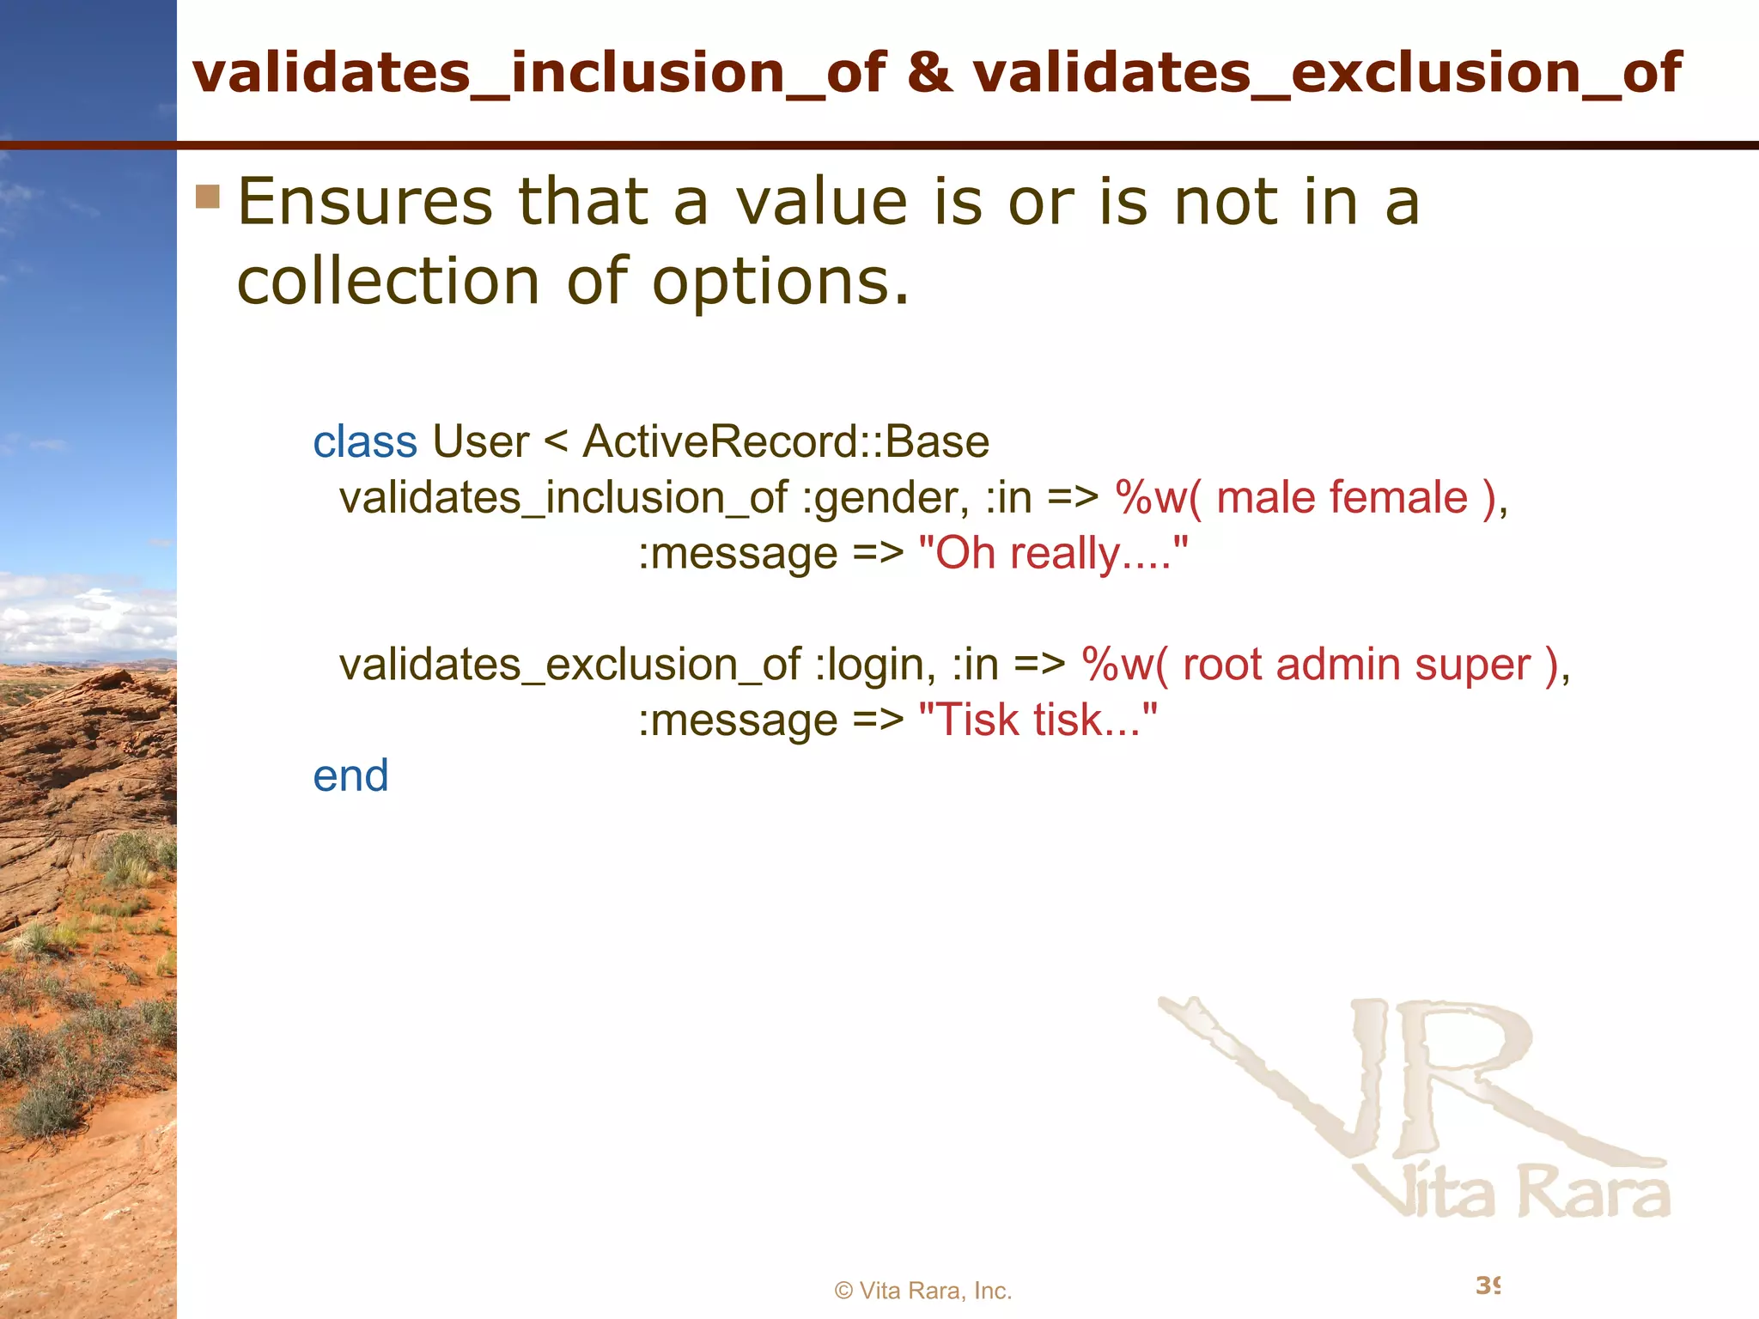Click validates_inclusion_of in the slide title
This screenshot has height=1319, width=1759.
tap(539, 74)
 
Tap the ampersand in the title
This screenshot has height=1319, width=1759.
tap(929, 72)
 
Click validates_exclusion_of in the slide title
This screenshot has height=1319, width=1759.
tap(1327, 74)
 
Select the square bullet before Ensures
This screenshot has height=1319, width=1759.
tap(208, 197)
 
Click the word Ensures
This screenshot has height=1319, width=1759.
tap(364, 203)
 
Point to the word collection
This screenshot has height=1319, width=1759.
tap(387, 282)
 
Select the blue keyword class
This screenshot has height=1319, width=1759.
tap(365, 442)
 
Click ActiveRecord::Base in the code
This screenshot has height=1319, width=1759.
tap(786, 442)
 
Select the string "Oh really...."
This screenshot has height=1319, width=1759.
tap(1053, 554)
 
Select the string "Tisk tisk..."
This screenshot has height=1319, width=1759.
tap(1038, 720)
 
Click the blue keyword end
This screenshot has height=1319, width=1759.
tap(350, 776)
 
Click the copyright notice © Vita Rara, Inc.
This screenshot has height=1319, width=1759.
tap(923, 1291)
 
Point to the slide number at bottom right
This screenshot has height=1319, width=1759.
tap(1488, 1286)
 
